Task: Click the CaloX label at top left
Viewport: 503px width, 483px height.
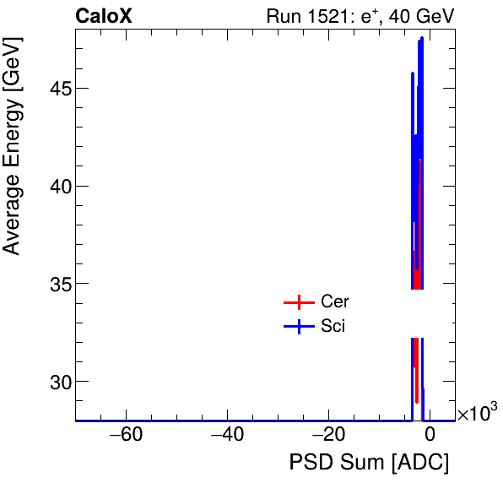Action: [103, 15]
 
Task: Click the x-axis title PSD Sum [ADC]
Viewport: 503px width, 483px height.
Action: [369, 463]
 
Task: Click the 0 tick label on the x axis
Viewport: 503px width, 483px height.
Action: [430, 435]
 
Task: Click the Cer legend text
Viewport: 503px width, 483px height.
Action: [334, 301]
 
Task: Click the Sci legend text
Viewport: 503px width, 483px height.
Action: [333, 327]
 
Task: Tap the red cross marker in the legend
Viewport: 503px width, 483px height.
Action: [297, 302]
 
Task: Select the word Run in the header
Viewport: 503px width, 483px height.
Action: [283, 15]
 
